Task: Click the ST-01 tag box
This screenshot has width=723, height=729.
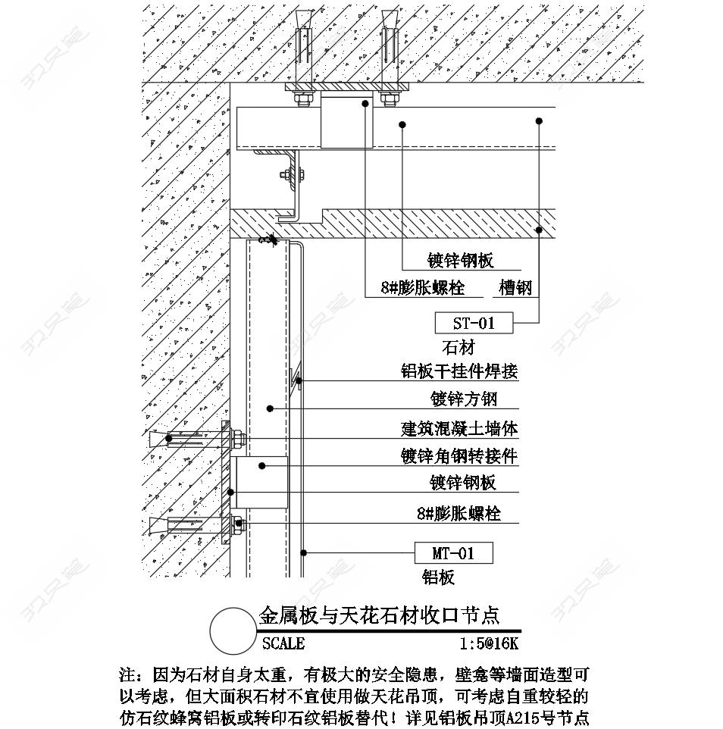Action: [x=474, y=323]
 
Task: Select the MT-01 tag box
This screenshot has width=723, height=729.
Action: [x=454, y=552]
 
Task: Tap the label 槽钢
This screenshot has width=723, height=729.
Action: [x=515, y=288]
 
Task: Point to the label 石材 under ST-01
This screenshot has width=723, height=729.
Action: [x=458, y=347]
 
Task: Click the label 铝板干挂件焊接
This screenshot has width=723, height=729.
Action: [x=459, y=371]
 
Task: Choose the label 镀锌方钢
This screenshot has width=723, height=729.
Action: [x=464, y=399]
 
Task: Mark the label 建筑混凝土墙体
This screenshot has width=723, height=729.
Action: [x=459, y=428]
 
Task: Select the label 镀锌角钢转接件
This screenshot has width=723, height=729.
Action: [x=459, y=456]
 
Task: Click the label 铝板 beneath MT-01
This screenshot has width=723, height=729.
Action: [x=438, y=577]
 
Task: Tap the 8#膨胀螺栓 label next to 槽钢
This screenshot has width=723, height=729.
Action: [x=423, y=288]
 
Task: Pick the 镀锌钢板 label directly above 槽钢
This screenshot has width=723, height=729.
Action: [x=460, y=261]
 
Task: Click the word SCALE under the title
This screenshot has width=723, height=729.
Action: [x=283, y=643]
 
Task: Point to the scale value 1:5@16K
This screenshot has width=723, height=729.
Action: [x=489, y=643]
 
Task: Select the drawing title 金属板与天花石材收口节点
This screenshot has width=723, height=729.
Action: [x=379, y=615]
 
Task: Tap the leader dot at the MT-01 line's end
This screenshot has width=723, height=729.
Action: [x=304, y=552]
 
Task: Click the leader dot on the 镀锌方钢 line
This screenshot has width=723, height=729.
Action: [x=270, y=408]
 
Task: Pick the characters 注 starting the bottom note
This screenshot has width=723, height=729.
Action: [x=127, y=674]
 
